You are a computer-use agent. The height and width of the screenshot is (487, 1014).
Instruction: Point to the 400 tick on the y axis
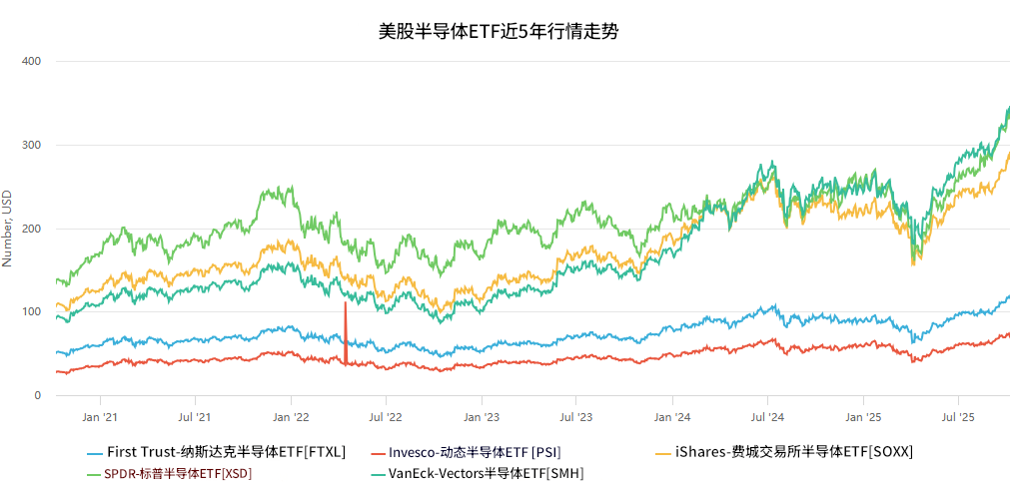31,62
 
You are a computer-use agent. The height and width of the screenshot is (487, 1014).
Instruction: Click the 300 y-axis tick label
31,146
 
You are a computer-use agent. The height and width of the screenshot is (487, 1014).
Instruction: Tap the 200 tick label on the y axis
31,230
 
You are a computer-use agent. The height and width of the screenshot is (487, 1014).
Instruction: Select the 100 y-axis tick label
31,312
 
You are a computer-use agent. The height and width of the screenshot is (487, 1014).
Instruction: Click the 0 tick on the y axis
37,396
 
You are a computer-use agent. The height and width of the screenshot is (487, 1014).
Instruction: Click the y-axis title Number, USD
8,229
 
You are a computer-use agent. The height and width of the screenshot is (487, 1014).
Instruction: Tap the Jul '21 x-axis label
195,416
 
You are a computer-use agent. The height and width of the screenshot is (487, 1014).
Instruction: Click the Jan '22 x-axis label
291,416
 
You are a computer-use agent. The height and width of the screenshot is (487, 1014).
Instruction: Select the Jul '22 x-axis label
386,416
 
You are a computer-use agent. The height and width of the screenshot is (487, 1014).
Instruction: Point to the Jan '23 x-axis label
482,416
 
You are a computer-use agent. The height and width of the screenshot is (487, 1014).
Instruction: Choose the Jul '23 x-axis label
576,416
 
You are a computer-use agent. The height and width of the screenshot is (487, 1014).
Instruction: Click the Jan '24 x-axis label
672,416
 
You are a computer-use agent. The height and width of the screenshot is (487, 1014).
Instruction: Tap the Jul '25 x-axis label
958,416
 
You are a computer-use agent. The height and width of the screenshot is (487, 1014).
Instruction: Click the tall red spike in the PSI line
346,329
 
